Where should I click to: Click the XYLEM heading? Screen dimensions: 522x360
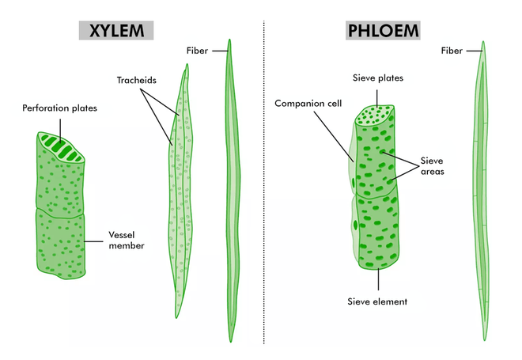point(116,31)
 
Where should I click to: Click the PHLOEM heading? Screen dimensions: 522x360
point(383,31)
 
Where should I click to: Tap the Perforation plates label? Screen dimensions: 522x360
point(59,108)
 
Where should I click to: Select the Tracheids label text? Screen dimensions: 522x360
point(137,80)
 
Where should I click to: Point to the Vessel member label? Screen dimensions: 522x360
point(127,240)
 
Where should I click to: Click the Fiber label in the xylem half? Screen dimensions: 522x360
point(197,51)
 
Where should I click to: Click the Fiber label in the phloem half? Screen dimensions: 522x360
point(452,51)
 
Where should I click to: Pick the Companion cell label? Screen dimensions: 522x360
point(308,104)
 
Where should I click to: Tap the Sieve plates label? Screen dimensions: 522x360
point(378,78)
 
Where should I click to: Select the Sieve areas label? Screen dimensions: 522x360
point(432,166)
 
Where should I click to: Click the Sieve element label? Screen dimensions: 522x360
point(377,301)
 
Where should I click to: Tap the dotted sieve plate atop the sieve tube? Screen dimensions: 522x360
point(375,116)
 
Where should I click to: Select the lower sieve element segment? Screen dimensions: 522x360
point(378,229)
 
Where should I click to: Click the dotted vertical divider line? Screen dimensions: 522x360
point(264,182)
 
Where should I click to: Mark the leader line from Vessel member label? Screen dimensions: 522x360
point(93,241)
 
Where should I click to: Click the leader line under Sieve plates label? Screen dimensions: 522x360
point(377,98)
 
